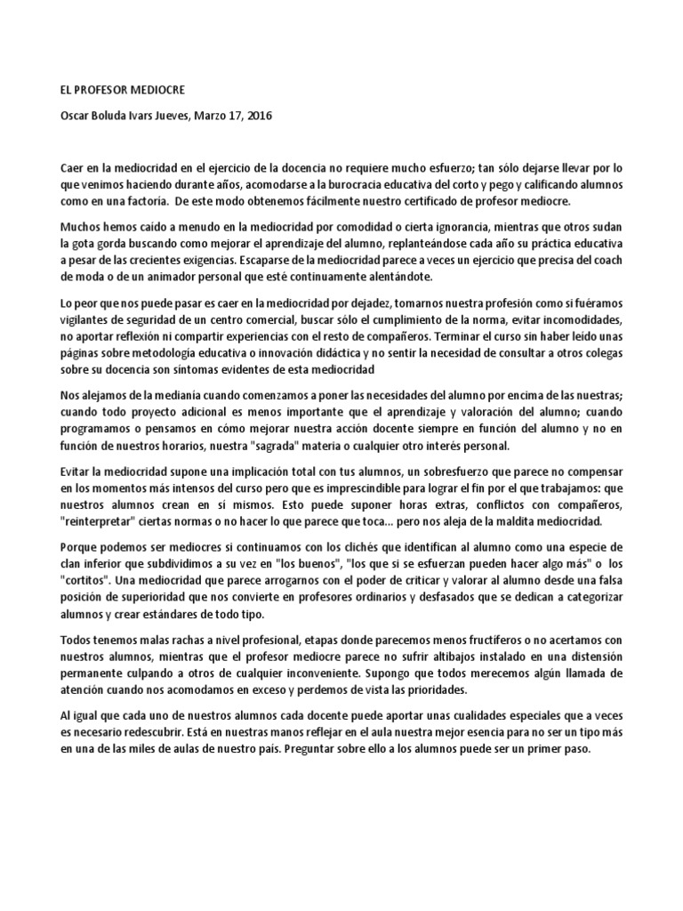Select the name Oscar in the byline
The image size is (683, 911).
[x=76, y=116]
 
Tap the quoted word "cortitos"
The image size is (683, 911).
[x=88, y=581]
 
